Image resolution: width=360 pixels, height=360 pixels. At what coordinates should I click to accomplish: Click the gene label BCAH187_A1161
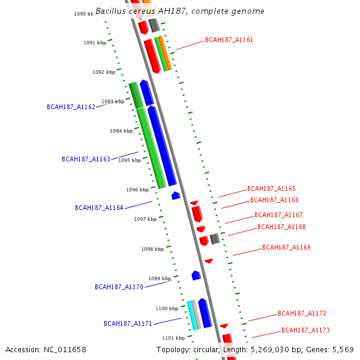pyautogui.click(x=229, y=40)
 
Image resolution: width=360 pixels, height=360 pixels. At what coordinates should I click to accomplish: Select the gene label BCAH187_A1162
pyautogui.click(x=71, y=107)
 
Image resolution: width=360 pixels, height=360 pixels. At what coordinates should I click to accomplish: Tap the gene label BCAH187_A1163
pyautogui.click(x=86, y=160)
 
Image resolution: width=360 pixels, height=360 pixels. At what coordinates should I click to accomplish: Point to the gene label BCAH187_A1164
pyautogui.click(x=99, y=208)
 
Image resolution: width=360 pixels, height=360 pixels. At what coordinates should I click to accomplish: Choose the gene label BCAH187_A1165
pyautogui.click(x=271, y=188)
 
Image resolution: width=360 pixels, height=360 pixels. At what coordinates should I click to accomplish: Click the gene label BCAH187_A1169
pyautogui.click(x=286, y=247)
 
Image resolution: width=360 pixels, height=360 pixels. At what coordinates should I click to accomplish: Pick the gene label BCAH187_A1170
pyautogui.click(x=119, y=287)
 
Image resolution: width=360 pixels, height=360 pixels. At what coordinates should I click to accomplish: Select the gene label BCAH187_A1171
pyautogui.click(x=128, y=323)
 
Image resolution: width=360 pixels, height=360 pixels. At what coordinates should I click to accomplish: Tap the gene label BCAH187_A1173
pyautogui.click(x=305, y=330)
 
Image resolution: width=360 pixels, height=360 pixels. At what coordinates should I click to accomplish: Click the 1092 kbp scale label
pyautogui.click(x=104, y=72)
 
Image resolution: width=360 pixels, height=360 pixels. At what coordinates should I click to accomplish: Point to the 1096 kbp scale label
pyautogui.click(x=137, y=190)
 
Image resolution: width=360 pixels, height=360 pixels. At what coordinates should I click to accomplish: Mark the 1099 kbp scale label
pyautogui.click(x=160, y=278)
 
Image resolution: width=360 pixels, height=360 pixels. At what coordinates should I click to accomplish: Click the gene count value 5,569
pyautogui.click(x=343, y=349)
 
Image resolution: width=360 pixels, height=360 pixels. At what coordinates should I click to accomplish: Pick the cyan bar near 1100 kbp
pyautogui.click(x=193, y=315)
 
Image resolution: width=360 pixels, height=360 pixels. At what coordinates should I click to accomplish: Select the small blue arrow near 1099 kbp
pyautogui.click(x=196, y=275)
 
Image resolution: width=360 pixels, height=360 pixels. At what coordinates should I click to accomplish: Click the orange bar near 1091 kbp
pyautogui.click(x=165, y=53)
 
